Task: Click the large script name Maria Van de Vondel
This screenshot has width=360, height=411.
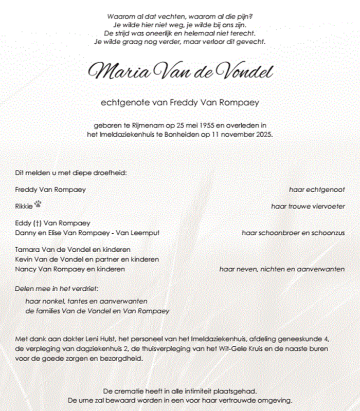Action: click(x=180, y=71)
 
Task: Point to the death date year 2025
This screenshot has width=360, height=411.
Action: click(x=262, y=135)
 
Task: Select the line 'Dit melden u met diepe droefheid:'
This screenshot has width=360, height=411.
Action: click(x=71, y=173)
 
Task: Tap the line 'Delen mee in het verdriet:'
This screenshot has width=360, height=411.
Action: click(x=57, y=289)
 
